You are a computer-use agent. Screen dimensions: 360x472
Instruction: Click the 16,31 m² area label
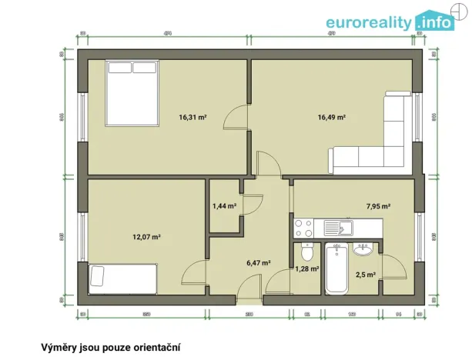click(192, 118)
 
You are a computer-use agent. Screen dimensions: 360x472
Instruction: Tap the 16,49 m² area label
click(332, 118)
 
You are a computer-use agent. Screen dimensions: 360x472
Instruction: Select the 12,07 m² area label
click(146, 237)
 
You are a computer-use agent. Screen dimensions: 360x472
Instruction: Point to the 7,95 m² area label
click(378, 206)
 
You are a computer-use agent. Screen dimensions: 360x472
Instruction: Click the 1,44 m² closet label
click(224, 206)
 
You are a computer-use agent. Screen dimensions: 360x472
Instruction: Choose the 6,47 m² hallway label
click(258, 262)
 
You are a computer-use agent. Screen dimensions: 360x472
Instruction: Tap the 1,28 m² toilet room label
click(306, 268)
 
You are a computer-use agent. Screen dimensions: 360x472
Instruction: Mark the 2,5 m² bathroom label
click(365, 274)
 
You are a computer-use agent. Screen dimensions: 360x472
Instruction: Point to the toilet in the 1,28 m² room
click(306, 252)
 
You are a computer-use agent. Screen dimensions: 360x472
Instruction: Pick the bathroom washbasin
click(362, 248)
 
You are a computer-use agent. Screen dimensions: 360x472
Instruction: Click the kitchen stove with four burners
click(304, 228)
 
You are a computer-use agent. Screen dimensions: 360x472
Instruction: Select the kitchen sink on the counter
click(336, 228)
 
